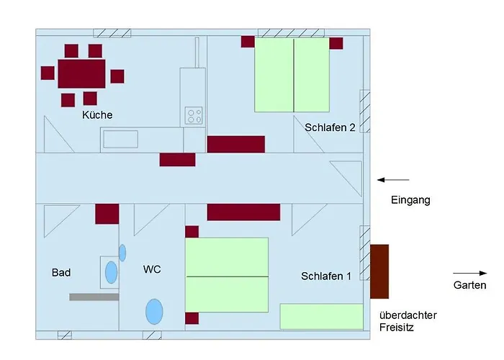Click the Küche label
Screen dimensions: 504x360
pos(97,115)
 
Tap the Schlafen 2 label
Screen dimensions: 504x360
pos(330,127)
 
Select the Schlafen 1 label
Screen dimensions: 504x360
pos(326,276)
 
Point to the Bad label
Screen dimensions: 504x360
pos(61,273)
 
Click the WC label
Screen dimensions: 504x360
pos(152,270)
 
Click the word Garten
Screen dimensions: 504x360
pos(469,286)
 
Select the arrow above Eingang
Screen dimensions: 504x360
pos(393,179)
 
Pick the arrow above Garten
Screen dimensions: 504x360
pos(469,273)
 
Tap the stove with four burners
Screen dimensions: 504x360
pos(194,116)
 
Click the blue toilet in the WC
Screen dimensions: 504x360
pos(154,312)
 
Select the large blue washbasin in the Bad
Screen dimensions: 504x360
pos(112,272)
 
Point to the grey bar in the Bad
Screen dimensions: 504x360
pos(94,296)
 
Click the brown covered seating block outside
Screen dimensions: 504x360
pos(379,271)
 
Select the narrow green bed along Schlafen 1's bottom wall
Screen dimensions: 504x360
pos(321,316)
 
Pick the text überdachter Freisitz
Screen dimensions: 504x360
pos(408,321)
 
